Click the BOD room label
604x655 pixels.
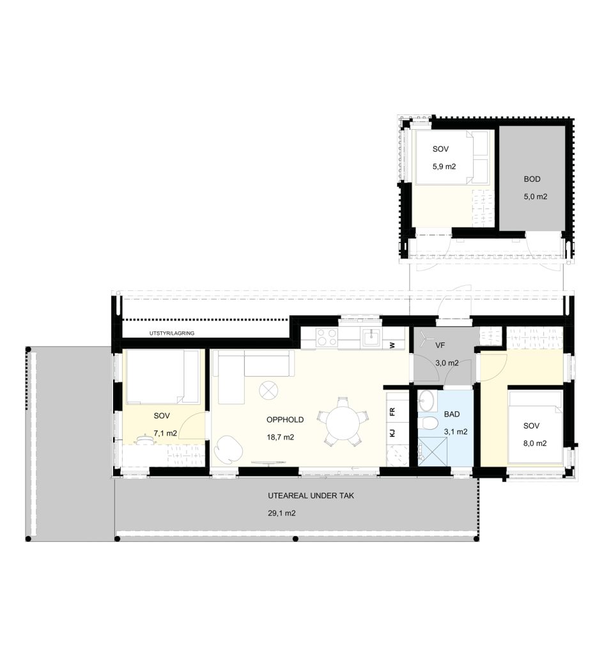(532, 179)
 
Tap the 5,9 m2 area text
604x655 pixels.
(444, 167)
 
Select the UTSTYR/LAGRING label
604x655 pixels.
(171, 333)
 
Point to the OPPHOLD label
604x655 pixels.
(285, 420)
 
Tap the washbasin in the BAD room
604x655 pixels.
(427, 400)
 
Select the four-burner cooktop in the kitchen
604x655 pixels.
(327, 338)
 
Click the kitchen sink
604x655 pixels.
(371, 338)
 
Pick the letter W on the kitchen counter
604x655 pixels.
(392, 345)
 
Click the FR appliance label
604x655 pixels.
(392, 413)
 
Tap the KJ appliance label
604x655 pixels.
(392, 433)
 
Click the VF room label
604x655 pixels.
(440, 345)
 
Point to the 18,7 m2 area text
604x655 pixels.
(281, 438)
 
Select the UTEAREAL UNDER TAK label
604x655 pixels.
(311, 496)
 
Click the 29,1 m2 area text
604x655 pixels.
(282, 514)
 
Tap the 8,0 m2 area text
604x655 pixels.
(535, 444)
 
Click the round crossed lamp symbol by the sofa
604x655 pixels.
(268, 391)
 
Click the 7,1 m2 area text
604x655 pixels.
(166, 433)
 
